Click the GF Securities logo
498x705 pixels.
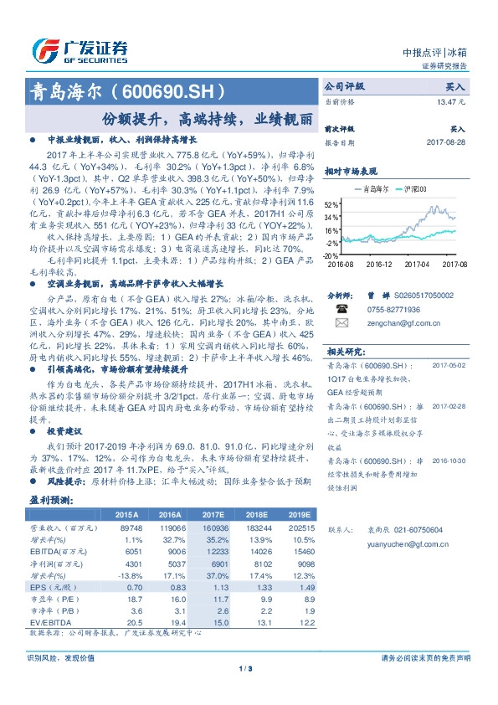pyautogui.click(x=80, y=50)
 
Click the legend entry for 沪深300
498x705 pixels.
pyautogui.click(x=416, y=190)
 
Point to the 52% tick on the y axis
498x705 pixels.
pyautogui.click(x=331, y=204)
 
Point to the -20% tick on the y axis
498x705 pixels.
pyautogui.click(x=331, y=256)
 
